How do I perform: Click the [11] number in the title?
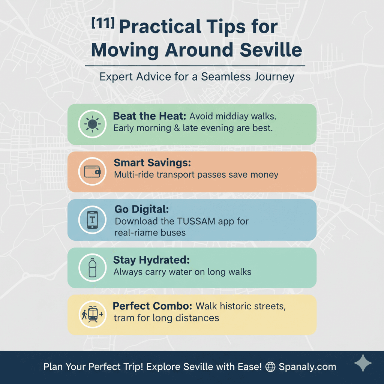(x=103, y=23)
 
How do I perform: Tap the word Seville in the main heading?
(x=271, y=50)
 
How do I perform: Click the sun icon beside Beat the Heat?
(x=92, y=124)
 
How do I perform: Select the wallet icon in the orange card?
(x=92, y=171)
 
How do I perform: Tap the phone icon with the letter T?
(x=92, y=220)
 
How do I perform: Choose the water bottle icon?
(x=92, y=267)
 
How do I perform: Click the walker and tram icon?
(x=92, y=314)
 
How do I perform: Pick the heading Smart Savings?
(x=152, y=163)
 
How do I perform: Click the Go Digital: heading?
(x=141, y=209)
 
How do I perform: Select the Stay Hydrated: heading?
(x=151, y=260)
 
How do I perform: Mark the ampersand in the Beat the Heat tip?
(x=177, y=128)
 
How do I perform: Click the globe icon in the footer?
(x=270, y=367)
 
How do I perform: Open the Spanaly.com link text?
(x=307, y=367)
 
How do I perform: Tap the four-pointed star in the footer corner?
(x=363, y=363)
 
